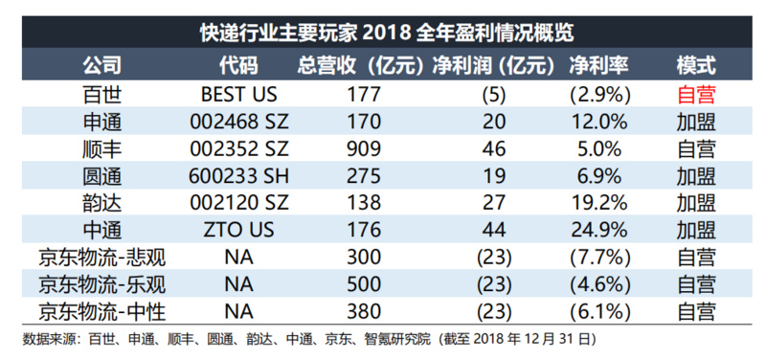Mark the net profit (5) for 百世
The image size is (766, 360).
(x=493, y=95)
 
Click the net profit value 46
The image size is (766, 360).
(x=493, y=149)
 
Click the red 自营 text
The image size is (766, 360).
(x=696, y=95)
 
